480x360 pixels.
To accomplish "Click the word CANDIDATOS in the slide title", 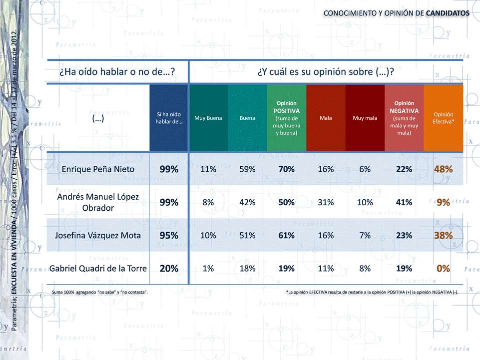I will (448, 13).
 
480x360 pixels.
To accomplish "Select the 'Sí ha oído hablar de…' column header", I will (169, 118).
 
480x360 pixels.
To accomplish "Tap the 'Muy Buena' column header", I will (208, 118).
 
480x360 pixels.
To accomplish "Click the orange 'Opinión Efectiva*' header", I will (443, 118).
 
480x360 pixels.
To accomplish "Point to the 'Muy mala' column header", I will (365, 118).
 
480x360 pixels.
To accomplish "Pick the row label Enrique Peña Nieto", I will (98, 169).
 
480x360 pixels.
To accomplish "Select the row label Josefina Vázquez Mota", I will (98, 236).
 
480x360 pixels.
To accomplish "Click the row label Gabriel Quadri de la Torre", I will (98, 269).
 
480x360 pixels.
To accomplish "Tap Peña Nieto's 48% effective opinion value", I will (443, 169).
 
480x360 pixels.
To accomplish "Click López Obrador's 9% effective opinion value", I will (443, 202).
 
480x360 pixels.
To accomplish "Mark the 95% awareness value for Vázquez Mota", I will (169, 236).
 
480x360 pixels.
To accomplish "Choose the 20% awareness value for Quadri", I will (169, 269).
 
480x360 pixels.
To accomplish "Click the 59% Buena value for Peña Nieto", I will (247, 169).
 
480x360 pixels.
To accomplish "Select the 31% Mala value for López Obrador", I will (326, 202).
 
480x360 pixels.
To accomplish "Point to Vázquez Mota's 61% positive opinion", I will (286, 236).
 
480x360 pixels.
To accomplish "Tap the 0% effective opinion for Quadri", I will (443, 269).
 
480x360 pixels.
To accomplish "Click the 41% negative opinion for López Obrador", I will (404, 202).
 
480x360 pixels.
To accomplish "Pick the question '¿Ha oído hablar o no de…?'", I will (117, 72).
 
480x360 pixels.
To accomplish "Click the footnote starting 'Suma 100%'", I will (99, 291).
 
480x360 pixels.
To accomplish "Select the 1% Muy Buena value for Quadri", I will (208, 269).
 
